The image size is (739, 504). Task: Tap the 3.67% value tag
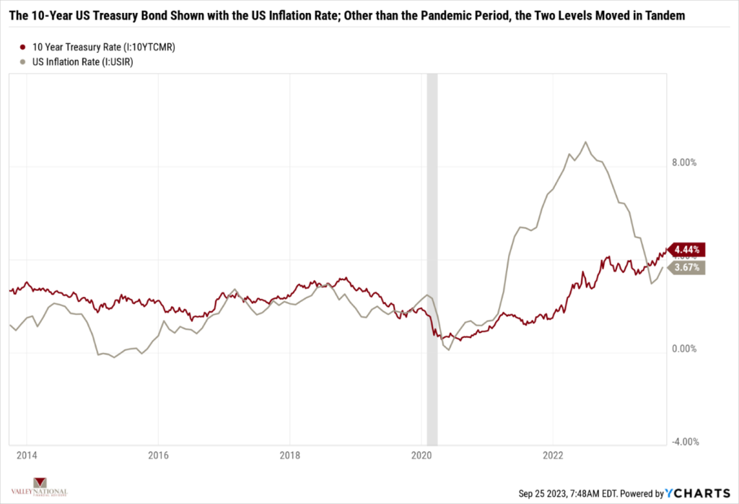point(687,267)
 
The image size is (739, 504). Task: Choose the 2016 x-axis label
point(157,456)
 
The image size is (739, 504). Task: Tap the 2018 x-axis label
point(289,456)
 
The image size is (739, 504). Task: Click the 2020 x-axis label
point(421,456)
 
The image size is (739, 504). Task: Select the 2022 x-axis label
point(553,456)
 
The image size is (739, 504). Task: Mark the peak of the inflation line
point(585,142)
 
